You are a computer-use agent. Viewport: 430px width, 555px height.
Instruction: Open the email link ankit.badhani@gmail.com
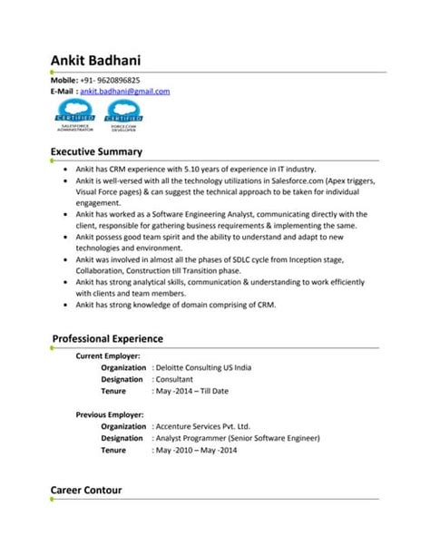(125, 92)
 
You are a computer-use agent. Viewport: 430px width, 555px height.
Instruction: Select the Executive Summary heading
(95, 151)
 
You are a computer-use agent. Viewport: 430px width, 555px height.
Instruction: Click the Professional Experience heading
(107, 338)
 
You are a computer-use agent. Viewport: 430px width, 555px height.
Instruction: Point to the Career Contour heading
(86, 490)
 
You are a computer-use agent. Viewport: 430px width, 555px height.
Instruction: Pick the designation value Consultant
(178, 380)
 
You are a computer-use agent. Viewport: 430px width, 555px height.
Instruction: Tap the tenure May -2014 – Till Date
(192, 392)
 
